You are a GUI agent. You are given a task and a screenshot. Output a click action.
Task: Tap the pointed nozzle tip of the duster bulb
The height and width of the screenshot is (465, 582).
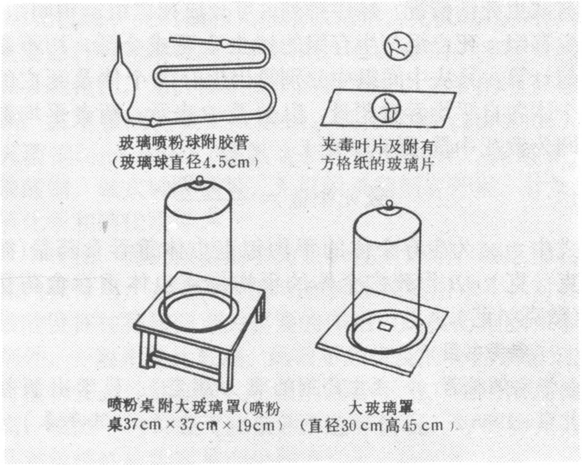(119, 36)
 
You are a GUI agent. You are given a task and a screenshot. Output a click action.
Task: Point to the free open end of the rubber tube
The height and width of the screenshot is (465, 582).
(171, 39)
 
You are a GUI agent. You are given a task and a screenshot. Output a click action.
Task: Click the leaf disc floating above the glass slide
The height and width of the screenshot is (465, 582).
(398, 47)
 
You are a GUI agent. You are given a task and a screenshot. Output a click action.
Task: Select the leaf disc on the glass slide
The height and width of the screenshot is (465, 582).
(386, 108)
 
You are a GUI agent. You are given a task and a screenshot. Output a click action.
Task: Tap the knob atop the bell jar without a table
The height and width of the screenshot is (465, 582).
(389, 204)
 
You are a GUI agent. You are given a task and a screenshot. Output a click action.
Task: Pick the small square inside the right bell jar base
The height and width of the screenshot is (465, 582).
(385, 327)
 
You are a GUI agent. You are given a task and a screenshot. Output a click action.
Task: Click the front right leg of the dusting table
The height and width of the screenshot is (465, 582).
(225, 371)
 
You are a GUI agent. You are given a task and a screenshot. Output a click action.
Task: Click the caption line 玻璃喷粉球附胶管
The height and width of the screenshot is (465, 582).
(184, 143)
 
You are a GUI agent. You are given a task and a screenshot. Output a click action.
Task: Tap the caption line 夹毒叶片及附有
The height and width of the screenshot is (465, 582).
(378, 146)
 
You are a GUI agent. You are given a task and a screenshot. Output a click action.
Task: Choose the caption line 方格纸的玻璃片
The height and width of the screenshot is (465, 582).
(378, 164)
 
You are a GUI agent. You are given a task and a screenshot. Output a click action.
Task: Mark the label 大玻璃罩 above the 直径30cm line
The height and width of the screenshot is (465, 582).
(381, 408)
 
